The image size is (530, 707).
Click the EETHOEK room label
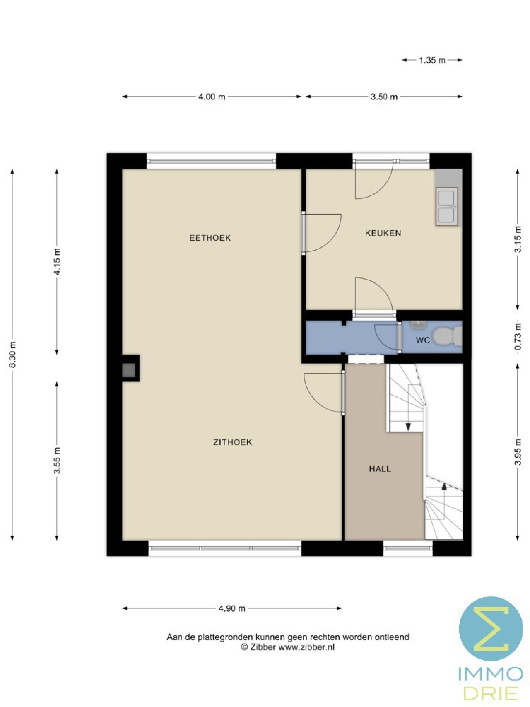pos(210,238)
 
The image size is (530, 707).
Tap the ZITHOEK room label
pos(233,442)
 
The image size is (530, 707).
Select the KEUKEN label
pos(383,233)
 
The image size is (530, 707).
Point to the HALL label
pos(380,469)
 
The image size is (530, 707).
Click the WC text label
pos(423,340)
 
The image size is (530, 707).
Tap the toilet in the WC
pos(446,336)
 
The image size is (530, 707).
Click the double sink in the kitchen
pos(446,207)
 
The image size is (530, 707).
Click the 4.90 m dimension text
pos(232,608)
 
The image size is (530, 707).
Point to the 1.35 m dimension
pos(432,60)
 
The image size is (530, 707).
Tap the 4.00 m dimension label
pos(212,97)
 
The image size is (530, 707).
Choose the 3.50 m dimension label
pos(384,97)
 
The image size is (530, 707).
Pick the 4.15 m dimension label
pos(57,261)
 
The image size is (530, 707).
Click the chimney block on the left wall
pos(130,368)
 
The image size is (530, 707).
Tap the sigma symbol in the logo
pos(491,629)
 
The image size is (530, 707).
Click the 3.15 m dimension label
pos(518,239)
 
